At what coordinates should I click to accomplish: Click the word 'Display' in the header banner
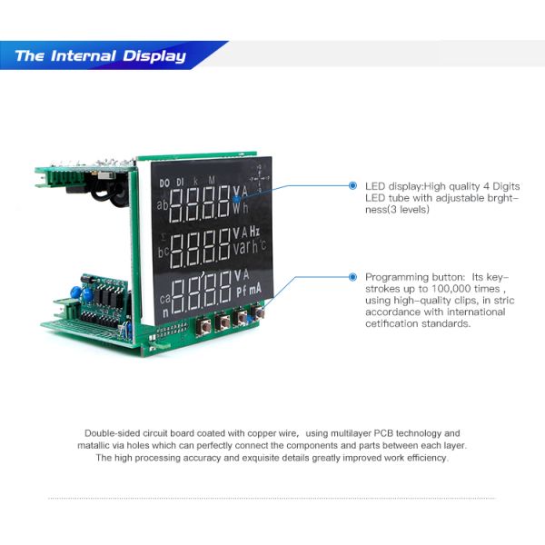pos(157,56)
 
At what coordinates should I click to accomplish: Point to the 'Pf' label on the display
pos(242,291)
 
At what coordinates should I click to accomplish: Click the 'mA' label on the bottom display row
pos(258,290)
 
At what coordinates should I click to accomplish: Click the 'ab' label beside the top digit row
pos(163,205)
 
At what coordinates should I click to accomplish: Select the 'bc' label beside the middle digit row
pos(163,250)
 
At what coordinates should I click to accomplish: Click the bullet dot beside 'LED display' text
pos(354,185)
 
